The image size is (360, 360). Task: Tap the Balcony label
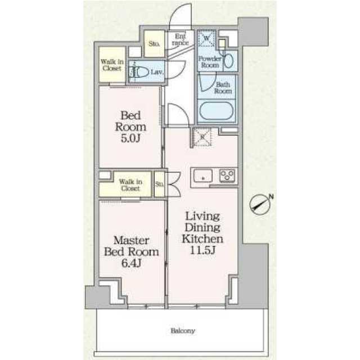click(183, 331)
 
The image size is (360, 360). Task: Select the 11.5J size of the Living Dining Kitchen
click(202, 250)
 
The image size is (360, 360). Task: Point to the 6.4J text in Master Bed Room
click(131, 263)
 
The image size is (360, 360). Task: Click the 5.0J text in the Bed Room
click(130, 138)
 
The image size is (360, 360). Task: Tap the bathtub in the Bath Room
click(216, 111)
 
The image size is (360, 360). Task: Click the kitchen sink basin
click(202, 176)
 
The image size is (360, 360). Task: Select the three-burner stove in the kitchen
click(227, 175)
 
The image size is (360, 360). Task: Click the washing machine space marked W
click(207, 38)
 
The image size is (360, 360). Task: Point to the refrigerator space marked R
click(202, 137)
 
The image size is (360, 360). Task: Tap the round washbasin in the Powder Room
click(228, 61)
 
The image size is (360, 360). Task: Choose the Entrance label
click(180, 39)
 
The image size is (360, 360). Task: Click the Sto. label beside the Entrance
click(154, 43)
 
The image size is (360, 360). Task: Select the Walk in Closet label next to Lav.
click(112, 65)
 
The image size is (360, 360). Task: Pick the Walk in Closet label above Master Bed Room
click(130, 185)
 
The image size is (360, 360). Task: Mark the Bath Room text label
click(223, 88)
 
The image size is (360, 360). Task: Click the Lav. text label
click(157, 73)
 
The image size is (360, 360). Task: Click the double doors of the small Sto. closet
click(174, 184)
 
